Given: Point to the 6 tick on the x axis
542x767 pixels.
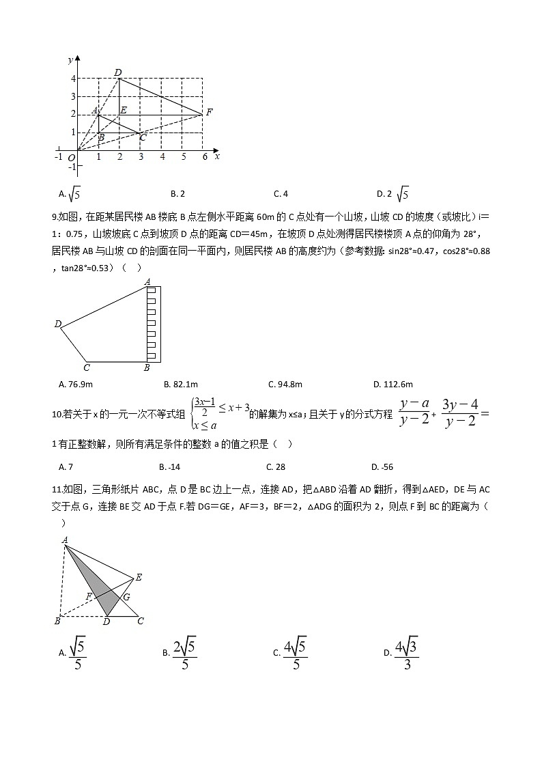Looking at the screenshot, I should pyautogui.click(x=204, y=157).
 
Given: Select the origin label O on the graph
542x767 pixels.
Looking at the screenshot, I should pyautogui.click(x=70, y=158).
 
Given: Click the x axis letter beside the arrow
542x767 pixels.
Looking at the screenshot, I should pyautogui.click(x=217, y=156).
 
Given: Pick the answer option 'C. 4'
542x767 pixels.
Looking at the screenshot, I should pyautogui.click(x=281, y=194).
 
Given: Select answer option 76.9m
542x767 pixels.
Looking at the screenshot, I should pyautogui.click(x=76, y=385).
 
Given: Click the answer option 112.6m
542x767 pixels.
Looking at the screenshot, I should pyautogui.click(x=393, y=385).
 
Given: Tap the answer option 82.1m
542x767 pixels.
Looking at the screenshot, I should pyautogui.click(x=181, y=385).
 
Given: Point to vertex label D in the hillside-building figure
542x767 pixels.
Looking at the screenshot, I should pyautogui.click(x=57, y=324).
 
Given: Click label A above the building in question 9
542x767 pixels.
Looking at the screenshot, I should pyautogui.click(x=147, y=281).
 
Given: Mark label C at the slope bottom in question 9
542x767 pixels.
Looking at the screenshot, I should pyautogui.click(x=86, y=368).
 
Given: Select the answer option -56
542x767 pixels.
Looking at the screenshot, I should pyautogui.click(x=382, y=467).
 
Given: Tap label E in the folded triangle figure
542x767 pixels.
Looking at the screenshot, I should pyautogui.click(x=139, y=578).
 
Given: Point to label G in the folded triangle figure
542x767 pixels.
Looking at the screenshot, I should pyautogui.click(x=126, y=596).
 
